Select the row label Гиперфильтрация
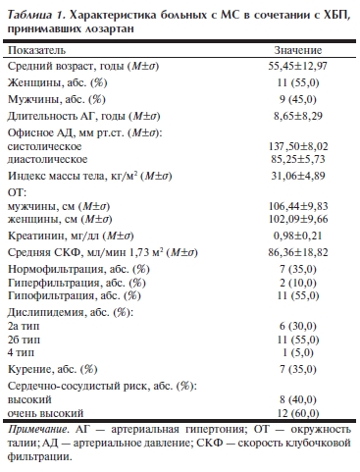[49, 282]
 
